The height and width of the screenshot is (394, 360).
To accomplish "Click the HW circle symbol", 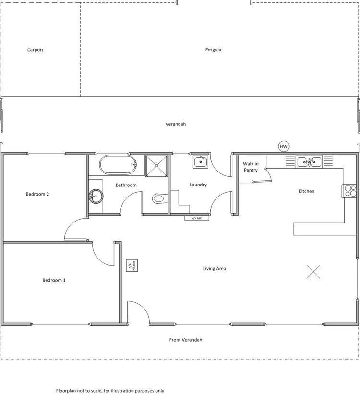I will click(x=284, y=146).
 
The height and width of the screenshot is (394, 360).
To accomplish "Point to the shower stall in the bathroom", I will click(x=157, y=165).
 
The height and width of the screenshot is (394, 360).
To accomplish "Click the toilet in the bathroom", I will click(x=158, y=198).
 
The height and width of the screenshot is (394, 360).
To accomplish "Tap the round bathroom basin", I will click(x=97, y=196).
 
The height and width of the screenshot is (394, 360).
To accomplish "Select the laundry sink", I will click(x=200, y=162).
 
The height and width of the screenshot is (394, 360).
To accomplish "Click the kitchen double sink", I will click(x=309, y=161).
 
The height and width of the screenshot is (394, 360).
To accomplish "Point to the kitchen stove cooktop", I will click(x=349, y=191).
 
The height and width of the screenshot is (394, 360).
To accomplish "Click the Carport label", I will click(x=36, y=50).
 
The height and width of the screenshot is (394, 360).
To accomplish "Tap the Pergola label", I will click(x=213, y=49).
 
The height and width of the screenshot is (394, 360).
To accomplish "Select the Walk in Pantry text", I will click(x=251, y=167).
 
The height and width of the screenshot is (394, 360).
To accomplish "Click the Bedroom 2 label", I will click(x=37, y=194).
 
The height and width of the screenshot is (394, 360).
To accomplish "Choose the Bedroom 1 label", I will click(x=54, y=280).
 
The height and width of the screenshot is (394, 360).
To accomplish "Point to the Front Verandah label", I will click(x=186, y=340).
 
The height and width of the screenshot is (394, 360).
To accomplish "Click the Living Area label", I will click(x=214, y=268).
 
